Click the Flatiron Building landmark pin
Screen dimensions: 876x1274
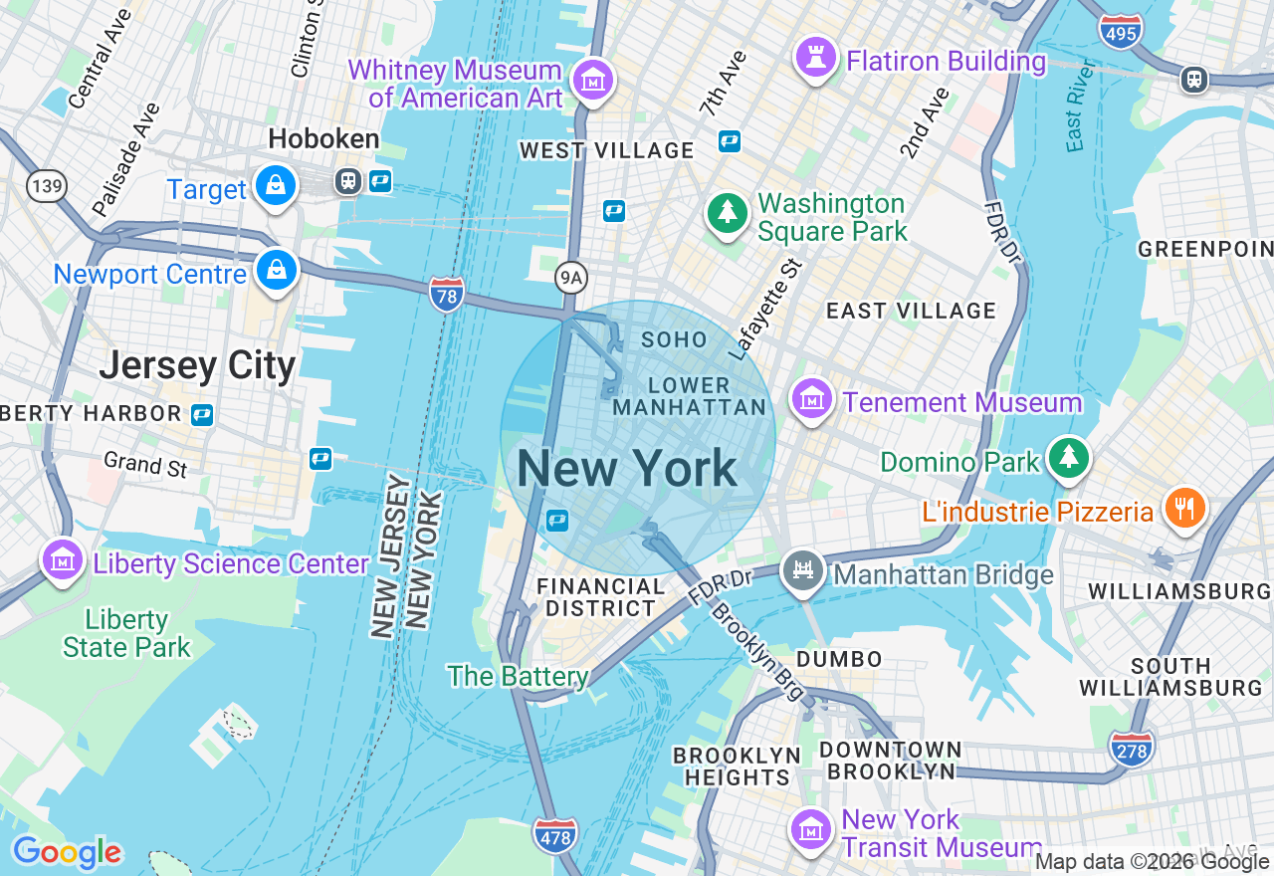(x=815, y=59)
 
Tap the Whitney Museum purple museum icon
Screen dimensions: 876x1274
(x=594, y=80)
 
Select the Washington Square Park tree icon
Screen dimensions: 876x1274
(x=728, y=213)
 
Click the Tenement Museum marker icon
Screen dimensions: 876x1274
(x=811, y=400)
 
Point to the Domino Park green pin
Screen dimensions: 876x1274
(x=1069, y=458)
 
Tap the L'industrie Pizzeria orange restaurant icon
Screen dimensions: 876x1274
(x=1183, y=509)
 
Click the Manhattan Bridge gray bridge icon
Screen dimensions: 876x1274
(x=802, y=570)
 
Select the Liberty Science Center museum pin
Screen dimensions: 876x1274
(x=62, y=560)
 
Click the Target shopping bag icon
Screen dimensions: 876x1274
(x=276, y=185)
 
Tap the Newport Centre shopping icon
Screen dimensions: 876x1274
(x=276, y=271)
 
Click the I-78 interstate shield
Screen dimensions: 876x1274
(x=447, y=294)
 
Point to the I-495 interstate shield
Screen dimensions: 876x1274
(x=1121, y=31)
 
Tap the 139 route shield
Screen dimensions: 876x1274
(x=46, y=185)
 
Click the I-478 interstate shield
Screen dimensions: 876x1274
(x=554, y=835)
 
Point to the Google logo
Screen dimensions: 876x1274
(x=67, y=853)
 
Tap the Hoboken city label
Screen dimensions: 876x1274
(x=323, y=138)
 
